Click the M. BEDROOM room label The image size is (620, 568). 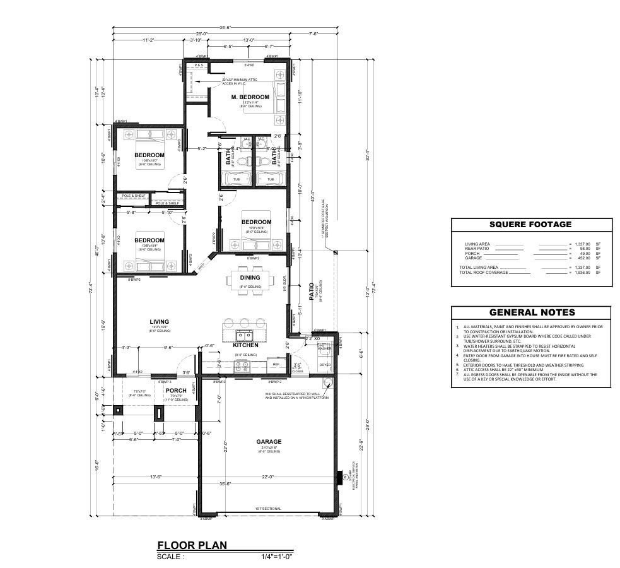coord(250,97)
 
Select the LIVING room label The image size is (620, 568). coord(159,322)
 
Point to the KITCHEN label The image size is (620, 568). coord(245,345)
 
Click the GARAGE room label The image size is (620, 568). coord(269,442)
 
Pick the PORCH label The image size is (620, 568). coord(175,391)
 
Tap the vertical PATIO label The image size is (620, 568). coord(311,292)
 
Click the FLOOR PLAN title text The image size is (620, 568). coord(192,545)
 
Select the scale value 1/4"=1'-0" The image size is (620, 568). coord(277,557)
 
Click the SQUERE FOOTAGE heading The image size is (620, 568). coord(530,224)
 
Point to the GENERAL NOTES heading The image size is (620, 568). coord(532,312)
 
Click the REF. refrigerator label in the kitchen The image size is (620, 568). coord(276,364)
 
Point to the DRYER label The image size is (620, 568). coord(325,365)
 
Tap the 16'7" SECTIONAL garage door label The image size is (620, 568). coord(268,509)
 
